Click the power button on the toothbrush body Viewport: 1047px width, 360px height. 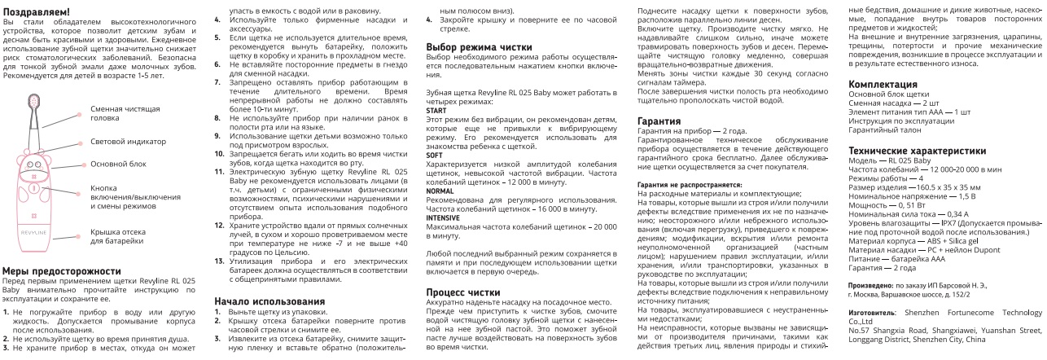click(x=35, y=189)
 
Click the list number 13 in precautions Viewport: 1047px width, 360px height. click(x=219, y=260)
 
